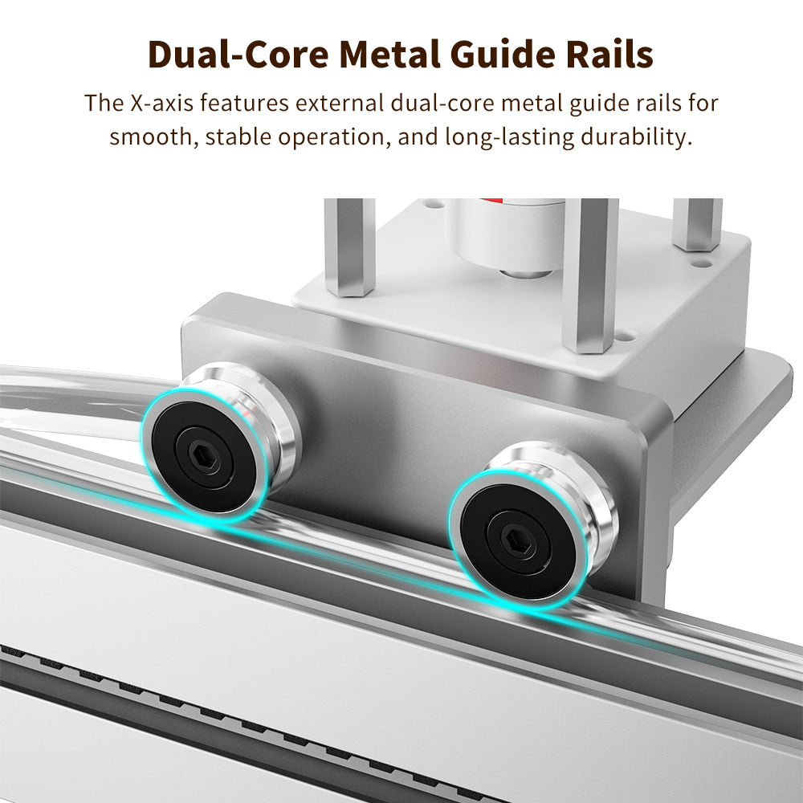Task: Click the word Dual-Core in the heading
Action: click(x=238, y=55)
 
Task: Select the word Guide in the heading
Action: click(x=504, y=55)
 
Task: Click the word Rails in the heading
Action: click(x=610, y=55)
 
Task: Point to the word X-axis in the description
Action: click(x=162, y=103)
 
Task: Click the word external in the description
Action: click(x=340, y=103)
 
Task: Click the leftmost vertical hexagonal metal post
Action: click(x=350, y=247)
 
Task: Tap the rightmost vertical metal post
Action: click(x=698, y=224)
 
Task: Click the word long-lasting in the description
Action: click(x=509, y=137)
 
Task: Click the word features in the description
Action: click(x=245, y=103)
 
